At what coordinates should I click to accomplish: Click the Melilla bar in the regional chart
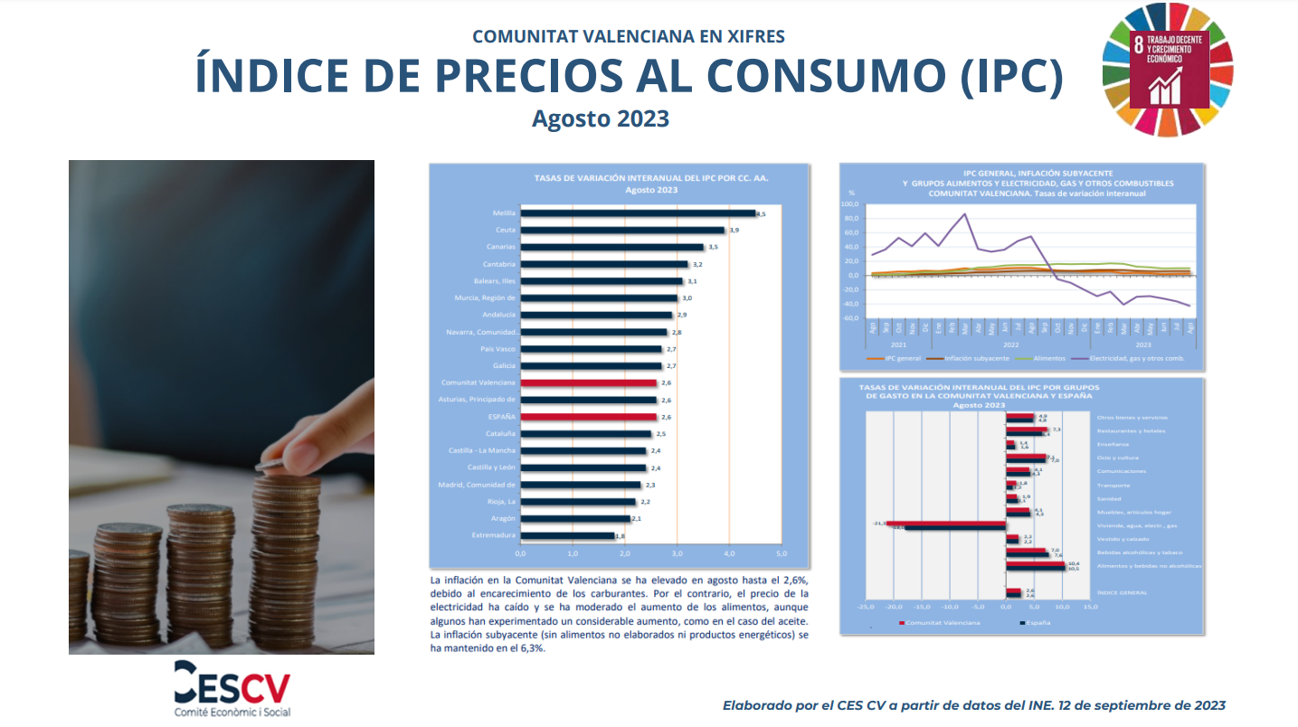pos(638,213)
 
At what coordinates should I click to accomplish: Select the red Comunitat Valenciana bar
pos(589,382)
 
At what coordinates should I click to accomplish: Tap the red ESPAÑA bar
pos(589,417)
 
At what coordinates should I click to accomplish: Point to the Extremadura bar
pos(567,535)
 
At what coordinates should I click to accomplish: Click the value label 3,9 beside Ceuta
pos(734,231)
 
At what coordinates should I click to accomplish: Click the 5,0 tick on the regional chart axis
pos(782,552)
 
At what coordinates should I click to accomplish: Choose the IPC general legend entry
pos(901,359)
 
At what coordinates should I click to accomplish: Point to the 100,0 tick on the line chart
pos(849,204)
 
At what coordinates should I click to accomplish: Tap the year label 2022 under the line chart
pos(1010,345)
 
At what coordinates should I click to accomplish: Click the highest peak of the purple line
pos(965,214)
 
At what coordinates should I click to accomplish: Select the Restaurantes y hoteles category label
pos(1131,430)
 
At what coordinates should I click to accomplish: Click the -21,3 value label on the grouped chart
pos(877,523)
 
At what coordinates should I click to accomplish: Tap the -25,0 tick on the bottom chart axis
pos(866,607)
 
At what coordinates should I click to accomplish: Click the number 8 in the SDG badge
pos(1138,45)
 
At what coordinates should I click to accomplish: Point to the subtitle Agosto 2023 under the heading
pos(601,118)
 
